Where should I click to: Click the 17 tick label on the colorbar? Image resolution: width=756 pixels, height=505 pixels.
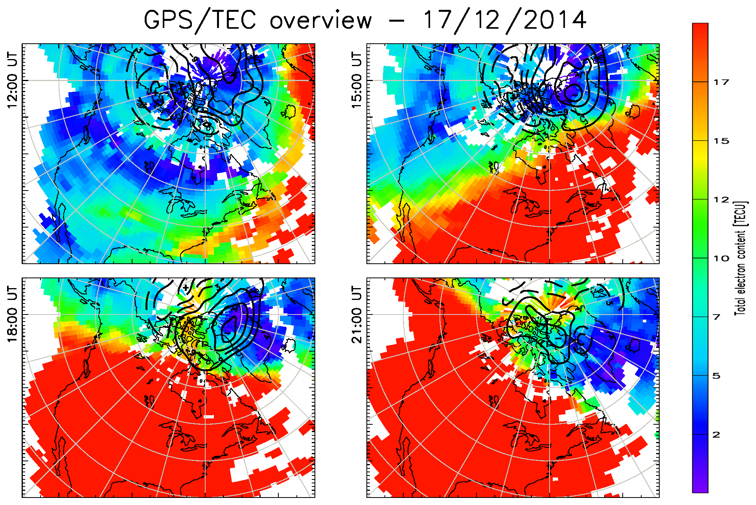pos(721,82)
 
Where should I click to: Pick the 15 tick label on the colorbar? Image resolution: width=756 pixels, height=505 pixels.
pos(721,141)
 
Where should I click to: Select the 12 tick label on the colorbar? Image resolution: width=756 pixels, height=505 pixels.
pos(721,200)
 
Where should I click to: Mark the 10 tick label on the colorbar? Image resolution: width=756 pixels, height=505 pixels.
pos(721,259)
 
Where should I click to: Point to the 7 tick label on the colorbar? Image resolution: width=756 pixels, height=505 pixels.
pos(717,317)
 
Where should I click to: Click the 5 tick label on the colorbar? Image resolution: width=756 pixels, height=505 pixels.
pos(717,376)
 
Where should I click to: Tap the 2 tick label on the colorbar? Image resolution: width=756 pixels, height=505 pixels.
pos(717,435)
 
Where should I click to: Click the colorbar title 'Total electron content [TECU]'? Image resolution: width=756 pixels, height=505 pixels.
pos(740,258)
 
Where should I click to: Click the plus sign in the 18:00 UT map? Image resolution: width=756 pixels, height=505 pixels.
pos(186,288)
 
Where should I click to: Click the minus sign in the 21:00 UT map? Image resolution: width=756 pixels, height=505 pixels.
pos(557,338)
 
